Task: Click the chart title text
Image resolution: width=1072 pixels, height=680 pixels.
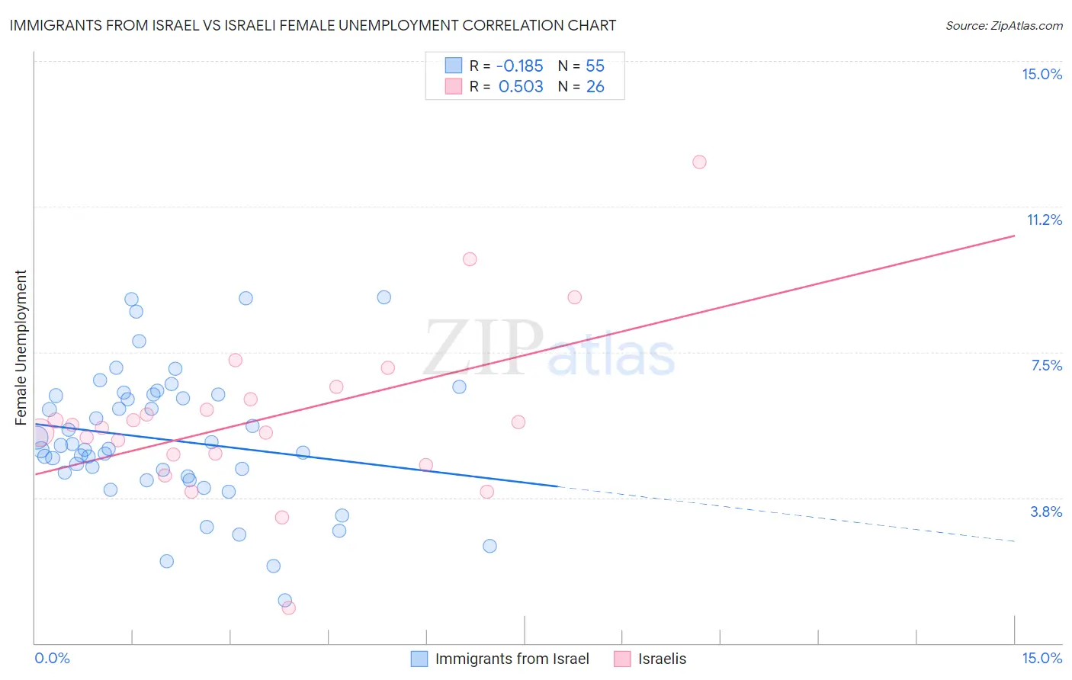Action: pos(313,25)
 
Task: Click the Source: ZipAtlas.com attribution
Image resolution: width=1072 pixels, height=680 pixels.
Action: pos(1003,25)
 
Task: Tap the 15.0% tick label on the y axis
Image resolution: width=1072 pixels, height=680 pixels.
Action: pos(1042,74)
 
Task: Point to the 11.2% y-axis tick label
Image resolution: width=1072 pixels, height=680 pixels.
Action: pos(1044,220)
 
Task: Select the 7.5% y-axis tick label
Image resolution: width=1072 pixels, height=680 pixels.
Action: pos(1046,365)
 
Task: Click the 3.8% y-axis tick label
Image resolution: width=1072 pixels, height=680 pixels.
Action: pos(1046,512)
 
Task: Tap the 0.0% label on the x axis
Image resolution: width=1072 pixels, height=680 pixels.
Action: pos(52,658)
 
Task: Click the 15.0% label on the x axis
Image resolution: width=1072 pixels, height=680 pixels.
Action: pos(1042,658)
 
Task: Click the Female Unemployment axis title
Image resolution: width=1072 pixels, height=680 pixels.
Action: pos(21,347)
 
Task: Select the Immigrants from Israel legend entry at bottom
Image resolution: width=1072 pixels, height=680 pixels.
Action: pos(512,659)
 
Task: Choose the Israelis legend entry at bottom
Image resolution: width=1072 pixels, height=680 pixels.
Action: pos(662,659)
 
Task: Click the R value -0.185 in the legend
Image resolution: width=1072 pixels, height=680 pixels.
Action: pos(519,66)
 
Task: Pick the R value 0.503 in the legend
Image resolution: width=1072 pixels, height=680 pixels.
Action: pos(521,86)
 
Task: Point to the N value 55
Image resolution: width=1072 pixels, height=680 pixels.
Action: pos(595,66)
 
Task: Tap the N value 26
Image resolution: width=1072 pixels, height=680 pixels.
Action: pos(595,86)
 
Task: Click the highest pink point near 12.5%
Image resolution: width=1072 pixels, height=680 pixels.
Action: pos(699,162)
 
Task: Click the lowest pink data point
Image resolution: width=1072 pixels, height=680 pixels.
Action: pos(288,608)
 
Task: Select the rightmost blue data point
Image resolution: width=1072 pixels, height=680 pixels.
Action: pos(489,546)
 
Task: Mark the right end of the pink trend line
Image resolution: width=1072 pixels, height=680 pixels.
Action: pos(1014,236)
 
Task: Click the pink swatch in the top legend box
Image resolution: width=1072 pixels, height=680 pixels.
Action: pos(454,86)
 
